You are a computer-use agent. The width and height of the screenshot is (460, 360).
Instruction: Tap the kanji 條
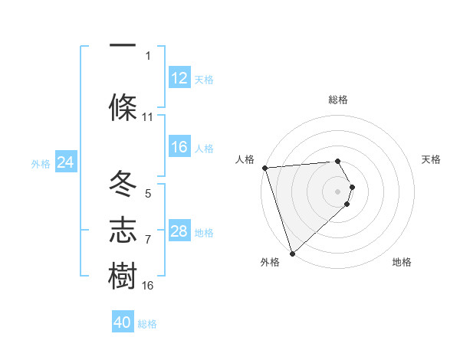123,107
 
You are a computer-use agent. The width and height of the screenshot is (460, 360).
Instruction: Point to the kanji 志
123,231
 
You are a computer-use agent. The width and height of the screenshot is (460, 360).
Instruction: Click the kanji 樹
123,276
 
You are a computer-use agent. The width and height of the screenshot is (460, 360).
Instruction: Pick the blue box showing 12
179,78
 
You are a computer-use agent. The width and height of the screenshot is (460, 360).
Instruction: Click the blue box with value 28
179,231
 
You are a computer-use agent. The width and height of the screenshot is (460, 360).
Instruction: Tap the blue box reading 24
65,162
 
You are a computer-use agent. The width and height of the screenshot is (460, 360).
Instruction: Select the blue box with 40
123,322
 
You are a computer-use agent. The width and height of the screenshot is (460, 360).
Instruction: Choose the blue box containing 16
179,147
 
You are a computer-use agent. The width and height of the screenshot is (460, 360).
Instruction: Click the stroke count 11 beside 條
148,117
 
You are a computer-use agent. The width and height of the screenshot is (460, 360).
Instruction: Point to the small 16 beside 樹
148,286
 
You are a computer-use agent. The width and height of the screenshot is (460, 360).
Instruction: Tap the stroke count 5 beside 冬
148,194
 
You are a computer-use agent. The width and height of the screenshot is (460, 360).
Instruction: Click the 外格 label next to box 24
41,163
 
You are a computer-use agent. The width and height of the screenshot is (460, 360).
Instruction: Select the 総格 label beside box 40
148,324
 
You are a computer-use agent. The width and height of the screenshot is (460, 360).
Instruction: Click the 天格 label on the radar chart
432,159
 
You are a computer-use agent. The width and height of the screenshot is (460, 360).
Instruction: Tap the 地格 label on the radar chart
402,262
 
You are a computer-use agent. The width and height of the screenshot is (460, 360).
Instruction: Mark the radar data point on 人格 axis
264,168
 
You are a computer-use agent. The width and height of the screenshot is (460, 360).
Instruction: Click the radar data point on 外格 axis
291,253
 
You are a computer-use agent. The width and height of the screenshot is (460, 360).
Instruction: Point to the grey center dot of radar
338,191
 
